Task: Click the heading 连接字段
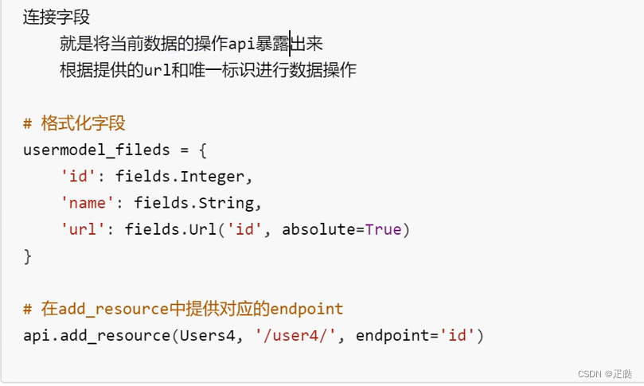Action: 57,17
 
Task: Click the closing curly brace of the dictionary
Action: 28,256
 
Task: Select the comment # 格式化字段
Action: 74,124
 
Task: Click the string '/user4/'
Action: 296,335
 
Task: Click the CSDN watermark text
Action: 606,372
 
